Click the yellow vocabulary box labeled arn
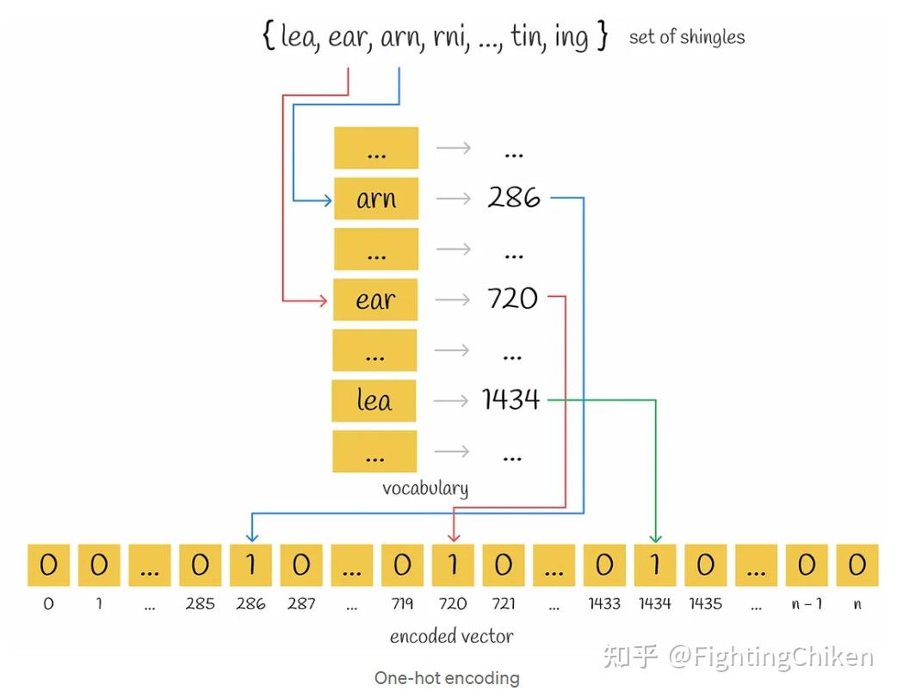point(375,199)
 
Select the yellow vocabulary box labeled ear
point(375,299)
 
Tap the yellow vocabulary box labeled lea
point(374,400)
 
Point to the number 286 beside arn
point(513,198)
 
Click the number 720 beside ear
point(512,299)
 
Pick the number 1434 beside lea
point(510,399)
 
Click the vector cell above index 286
point(251,564)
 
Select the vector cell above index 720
point(453,564)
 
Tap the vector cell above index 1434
point(655,564)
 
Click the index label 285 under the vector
point(200,603)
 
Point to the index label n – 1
point(807,603)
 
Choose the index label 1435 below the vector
point(705,603)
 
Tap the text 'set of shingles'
point(686,37)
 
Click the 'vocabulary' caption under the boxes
point(425,488)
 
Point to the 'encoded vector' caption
point(452,637)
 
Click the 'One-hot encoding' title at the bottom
point(447,678)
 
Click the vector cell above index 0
point(48,564)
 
